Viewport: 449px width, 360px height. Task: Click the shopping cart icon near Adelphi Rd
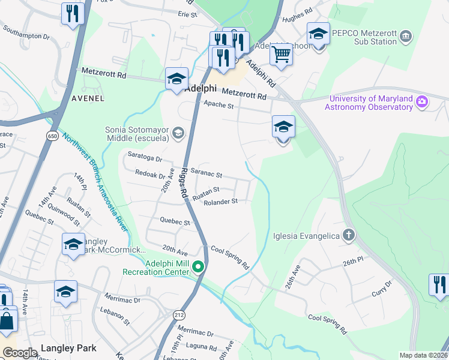pos(281,55)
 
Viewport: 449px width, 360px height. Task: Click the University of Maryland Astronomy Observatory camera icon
pos(422,103)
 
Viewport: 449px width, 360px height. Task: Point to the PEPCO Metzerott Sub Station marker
pos(406,37)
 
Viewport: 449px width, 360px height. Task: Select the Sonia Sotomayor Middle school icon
pos(178,133)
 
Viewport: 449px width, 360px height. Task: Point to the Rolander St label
pos(221,202)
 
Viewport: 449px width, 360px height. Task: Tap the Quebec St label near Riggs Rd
pos(175,221)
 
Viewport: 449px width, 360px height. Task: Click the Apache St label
pos(218,105)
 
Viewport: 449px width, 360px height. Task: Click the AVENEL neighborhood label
pos(88,98)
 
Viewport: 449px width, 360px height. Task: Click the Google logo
pos(20,353)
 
